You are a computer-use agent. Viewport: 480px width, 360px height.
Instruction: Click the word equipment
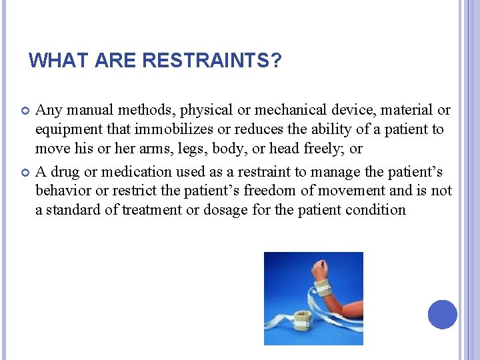67,129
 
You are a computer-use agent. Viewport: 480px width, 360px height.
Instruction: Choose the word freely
325,149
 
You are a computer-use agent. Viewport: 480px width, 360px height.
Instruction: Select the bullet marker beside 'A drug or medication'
26,172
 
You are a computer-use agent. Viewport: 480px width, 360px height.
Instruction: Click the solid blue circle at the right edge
442,314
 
